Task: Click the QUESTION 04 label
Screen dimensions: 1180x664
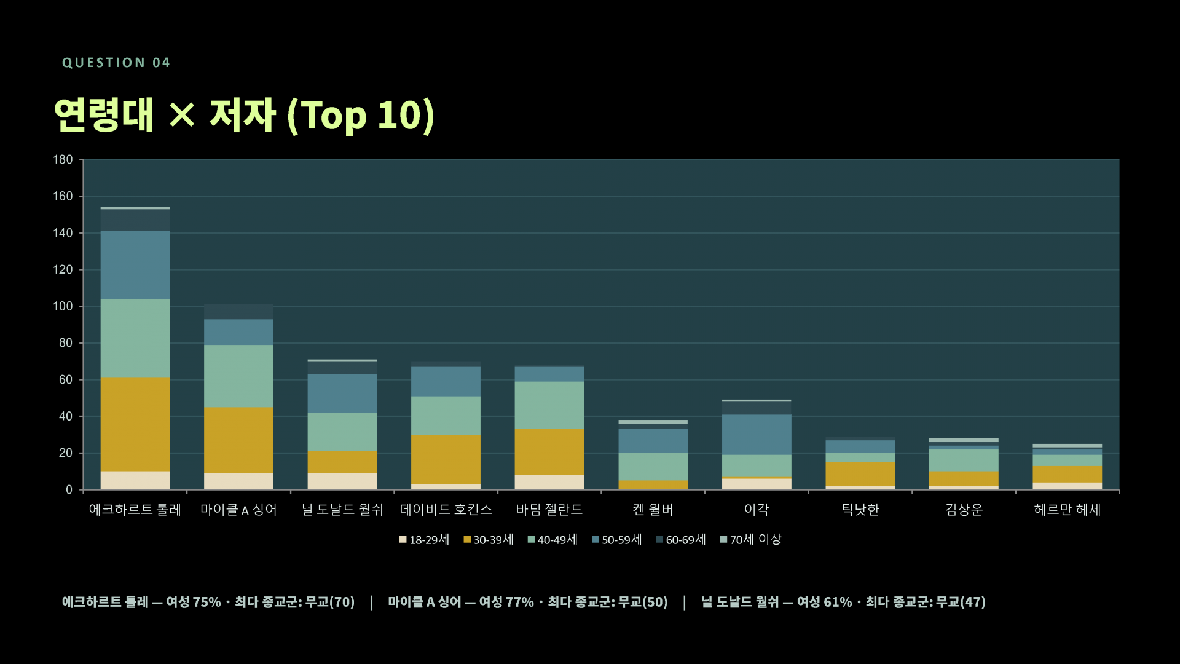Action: (x=116, y=63)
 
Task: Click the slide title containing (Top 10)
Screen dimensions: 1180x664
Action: (x=244, y=115)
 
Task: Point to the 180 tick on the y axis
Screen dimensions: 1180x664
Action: (x=63, y=160)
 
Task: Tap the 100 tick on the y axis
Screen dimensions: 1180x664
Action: (x=63, y=306)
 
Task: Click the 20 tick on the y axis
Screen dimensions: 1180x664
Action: (x=66, y=453)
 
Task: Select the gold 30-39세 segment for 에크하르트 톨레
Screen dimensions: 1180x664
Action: (x=135, y=424)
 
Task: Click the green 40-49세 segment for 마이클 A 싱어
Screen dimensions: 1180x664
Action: (x=238, y=376)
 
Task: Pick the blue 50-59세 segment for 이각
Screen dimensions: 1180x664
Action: (x=757, y=435)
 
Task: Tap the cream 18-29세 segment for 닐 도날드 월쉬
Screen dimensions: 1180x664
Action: (x=342, y=481)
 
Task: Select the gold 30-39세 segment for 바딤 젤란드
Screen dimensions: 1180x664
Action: (x=549, y=452)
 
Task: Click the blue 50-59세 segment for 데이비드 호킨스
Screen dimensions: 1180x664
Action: (x=446, y=382)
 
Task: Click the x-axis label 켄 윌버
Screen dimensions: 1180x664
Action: (x=653, y=510)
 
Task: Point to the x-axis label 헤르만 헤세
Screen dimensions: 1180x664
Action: (x=1068, y=510)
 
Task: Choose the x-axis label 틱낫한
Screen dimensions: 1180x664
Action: (x=860, y=510)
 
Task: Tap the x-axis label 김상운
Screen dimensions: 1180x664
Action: (x=964, y=510)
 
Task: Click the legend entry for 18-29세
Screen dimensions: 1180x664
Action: (x=424, y=540)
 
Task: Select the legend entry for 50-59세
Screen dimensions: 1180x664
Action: (x=616, y=540)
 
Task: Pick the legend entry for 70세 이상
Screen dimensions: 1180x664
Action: (x=750, y=540)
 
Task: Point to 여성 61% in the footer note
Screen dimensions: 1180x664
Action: (x=824, y=602)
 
